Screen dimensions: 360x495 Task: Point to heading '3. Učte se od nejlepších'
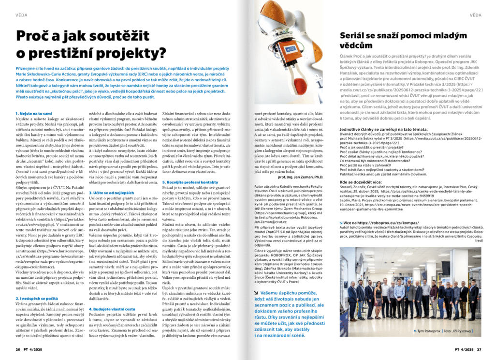115,192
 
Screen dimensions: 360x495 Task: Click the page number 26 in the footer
18,349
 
